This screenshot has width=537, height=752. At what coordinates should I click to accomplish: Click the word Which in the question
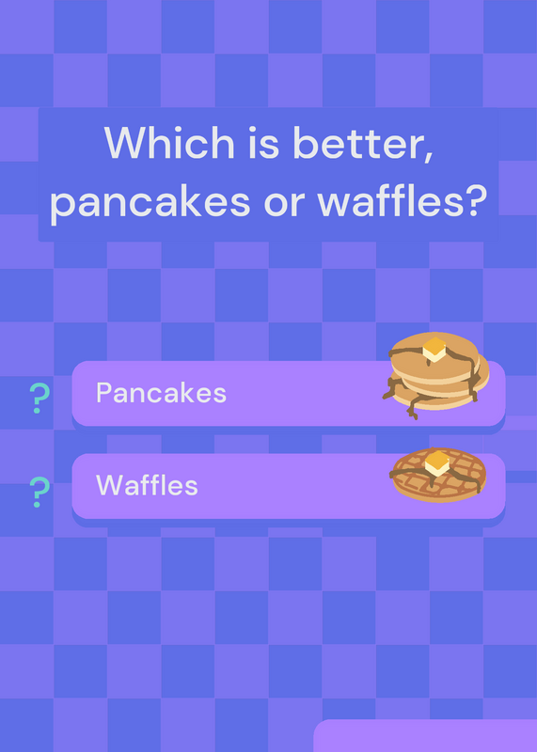point(169,143)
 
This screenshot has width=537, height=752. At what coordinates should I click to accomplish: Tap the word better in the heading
point(357,143)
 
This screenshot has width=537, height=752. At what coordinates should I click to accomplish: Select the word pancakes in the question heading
point(150,202)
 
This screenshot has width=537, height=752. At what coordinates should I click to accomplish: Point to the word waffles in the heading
point(392,201)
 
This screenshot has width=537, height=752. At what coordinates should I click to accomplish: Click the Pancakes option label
point(161,393)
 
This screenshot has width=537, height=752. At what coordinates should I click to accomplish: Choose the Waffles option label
point(147,485)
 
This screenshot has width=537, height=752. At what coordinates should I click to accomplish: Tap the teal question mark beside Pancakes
point(39,398)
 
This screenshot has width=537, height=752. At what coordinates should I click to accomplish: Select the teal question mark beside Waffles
point(39,492)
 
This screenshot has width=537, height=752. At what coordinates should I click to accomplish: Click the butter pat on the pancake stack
point(434,349)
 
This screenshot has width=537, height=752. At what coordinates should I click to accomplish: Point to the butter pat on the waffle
point(437,463)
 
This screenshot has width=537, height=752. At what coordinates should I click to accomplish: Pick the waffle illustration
point(438,475)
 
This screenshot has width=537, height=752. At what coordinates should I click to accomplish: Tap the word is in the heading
point(263,143)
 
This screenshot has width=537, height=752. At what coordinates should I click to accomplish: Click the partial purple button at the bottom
point(425,736)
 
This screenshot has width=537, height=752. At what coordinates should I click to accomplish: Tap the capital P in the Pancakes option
point(103,393)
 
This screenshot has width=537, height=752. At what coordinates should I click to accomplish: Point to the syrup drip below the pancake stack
point(413,409)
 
